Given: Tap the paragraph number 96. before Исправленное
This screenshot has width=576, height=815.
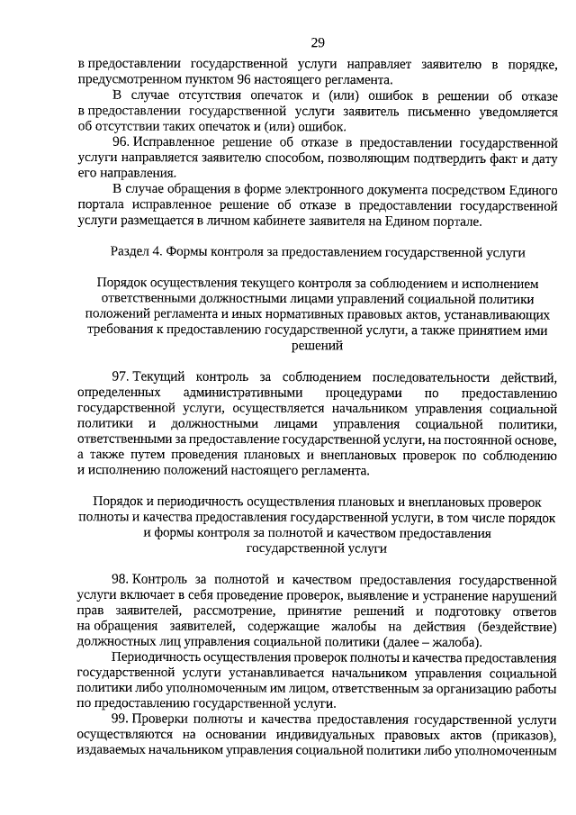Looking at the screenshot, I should (x=122, y=143).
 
